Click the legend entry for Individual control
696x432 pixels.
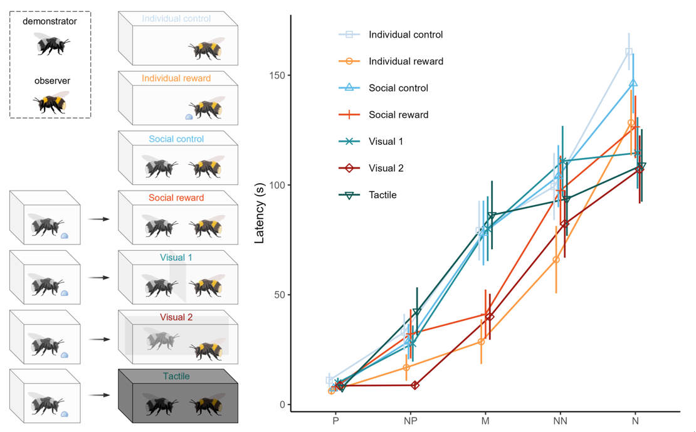coord(405,34)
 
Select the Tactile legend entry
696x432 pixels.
coord(382,195)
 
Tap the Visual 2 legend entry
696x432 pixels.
coord(386,168)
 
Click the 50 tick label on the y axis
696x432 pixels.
coord(278,295)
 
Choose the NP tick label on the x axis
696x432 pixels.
coord(411,421)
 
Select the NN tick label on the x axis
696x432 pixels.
coord(561,421)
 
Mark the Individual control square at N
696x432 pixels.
coord(629,52)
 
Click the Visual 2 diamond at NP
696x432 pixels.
coord(415,386)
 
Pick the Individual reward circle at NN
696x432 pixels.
coord(556,260)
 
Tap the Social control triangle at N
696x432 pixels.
coord(633,83)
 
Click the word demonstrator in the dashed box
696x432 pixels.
coord(50,21)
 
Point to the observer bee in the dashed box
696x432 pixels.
coord(52,102)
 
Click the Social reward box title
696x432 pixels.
coord(176,198)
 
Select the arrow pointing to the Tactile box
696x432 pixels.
coord(98,396)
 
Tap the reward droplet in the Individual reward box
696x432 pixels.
coord(189,117)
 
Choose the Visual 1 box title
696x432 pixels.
coord(176,258)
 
